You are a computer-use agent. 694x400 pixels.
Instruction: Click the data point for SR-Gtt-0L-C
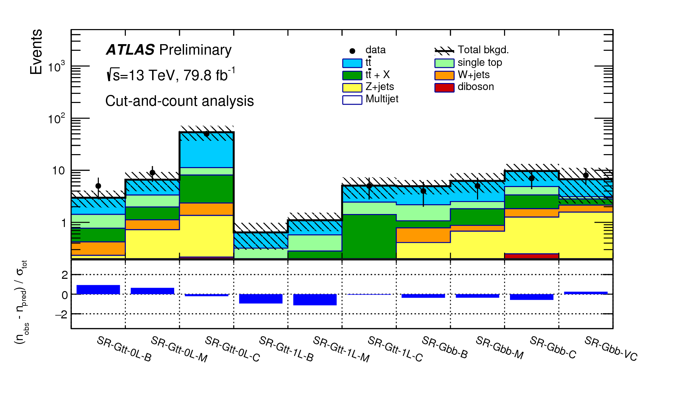[x=206, y=134]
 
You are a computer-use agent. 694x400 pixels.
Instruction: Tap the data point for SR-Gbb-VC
[x=586, y=175]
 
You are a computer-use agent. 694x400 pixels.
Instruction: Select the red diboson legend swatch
[x=444, y=87]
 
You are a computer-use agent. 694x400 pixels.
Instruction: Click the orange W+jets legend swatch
[x=444, y=75]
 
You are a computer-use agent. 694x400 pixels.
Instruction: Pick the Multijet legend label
[x=382, y=99]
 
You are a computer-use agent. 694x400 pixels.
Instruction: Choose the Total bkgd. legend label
[x=483, y=50]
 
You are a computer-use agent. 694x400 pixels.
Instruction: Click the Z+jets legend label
[x=380, y=87]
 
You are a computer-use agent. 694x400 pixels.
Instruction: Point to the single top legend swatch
[x=444, y=63]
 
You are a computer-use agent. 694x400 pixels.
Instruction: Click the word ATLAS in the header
[x=130, y=50]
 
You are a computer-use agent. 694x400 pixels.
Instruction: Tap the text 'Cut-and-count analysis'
[x=179, y=101]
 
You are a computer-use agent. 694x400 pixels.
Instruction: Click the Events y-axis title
[x=36, y=52]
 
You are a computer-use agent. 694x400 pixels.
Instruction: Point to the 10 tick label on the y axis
[x=59, y=171]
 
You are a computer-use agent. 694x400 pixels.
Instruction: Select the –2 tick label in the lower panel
[x=61, y=315]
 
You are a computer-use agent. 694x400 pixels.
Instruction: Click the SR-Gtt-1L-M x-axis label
[x=341, y=349]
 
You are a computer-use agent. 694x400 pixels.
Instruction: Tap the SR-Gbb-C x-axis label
[x=553, y=347]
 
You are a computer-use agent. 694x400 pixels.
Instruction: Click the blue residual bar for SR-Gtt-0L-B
[x=98, y=290]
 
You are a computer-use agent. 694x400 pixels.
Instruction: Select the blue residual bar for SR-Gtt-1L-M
[x=315, y=299]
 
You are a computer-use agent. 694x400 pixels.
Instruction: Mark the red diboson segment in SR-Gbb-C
[x=531, y=256]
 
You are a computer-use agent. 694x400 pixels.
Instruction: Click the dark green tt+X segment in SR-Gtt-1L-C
[x=369, y=236]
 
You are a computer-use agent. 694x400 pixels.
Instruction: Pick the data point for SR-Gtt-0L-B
[x=98, y=186]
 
